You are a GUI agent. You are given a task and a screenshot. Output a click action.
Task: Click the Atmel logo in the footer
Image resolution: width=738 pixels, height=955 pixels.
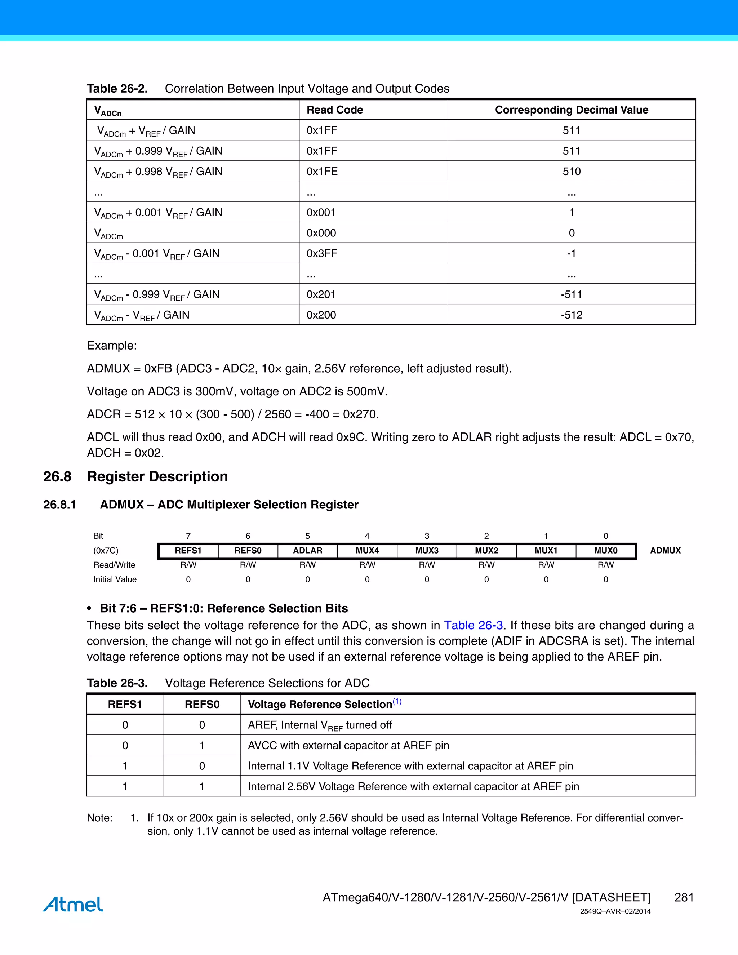click(73, 904)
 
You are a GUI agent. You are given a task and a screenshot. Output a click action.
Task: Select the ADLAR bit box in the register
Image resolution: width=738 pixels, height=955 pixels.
click(307, 551)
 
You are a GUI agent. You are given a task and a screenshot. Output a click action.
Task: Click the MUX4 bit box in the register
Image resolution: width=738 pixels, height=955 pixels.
click(367, 551)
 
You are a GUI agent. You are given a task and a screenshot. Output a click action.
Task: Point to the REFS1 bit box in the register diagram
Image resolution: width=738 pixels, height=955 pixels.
click(188, 551)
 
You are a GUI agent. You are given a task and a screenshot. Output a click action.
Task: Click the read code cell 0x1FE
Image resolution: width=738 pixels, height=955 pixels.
click(322, 172)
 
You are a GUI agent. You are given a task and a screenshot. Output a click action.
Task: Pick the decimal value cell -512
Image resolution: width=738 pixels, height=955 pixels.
click(572, 315)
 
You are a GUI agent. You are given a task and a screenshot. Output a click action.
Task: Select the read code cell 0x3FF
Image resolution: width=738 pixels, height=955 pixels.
click(322, 253)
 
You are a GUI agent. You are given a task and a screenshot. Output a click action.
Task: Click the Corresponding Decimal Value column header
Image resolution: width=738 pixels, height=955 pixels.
click(572, 110)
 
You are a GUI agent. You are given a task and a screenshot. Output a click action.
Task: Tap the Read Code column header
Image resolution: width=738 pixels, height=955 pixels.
click(335, 110)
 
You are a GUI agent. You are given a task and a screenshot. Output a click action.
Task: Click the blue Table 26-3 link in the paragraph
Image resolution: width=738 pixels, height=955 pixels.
click(474, 625)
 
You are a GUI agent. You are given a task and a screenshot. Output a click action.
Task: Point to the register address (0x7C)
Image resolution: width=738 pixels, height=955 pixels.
click(106, 551)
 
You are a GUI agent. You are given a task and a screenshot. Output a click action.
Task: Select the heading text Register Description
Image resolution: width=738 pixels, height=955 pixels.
click(157, 477)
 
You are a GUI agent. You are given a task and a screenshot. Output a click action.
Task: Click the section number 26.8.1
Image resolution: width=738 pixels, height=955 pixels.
click(59, 505)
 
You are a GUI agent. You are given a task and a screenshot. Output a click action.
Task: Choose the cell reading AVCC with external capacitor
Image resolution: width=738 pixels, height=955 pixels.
click(348, 745)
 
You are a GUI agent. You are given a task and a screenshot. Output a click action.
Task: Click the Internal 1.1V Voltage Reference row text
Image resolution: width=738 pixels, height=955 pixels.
click(410, 766)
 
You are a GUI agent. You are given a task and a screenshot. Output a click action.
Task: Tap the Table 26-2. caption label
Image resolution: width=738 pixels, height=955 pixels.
click(117, 89)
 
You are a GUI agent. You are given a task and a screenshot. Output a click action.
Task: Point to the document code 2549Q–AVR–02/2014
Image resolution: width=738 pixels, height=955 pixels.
click(615, 911)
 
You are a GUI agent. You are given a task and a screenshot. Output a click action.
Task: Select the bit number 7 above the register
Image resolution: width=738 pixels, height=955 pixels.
click(188, 536)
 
